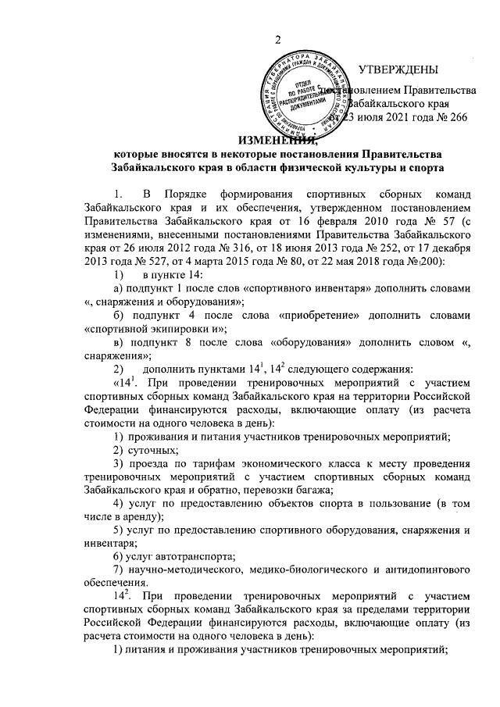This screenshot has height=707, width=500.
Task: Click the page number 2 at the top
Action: (277, 41)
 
